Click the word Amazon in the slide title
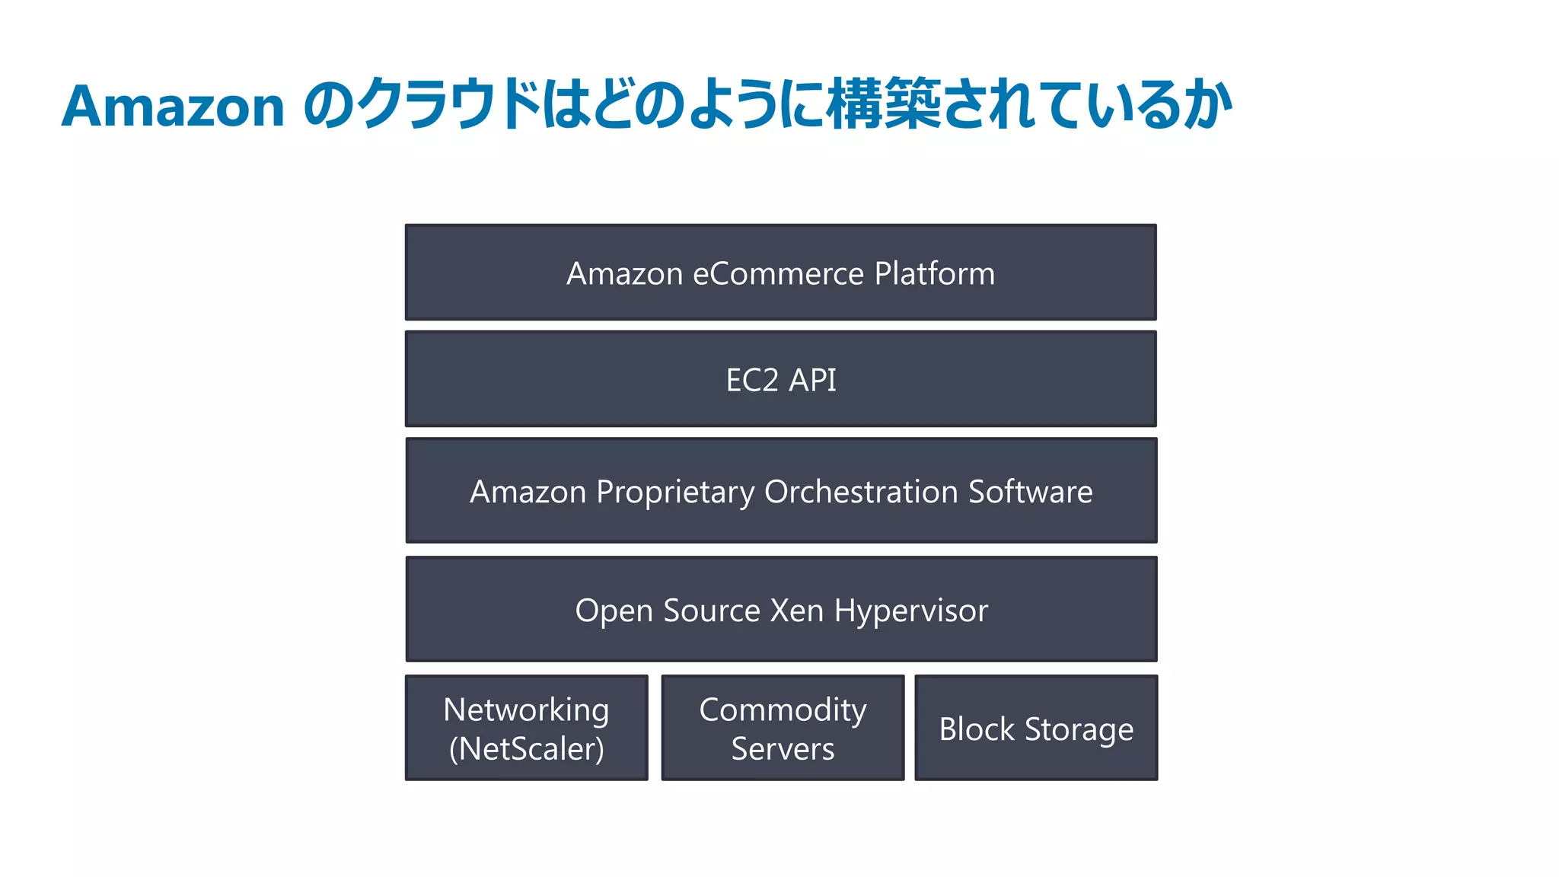[x=173, y=106]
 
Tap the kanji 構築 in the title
[x=884, y=104]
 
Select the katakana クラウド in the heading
[x=450, y=104]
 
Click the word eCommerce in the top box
[x=779, y=273]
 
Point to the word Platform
[x=935, y=273]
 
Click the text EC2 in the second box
[x=752, y=380]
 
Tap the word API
[x=812, y=380]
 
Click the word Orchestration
[x=861, y=492]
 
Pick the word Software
[x=1030, y=492]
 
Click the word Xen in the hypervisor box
[x=797, y=611]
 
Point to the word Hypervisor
[x=911, y=611]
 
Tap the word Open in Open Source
[x=614, y=611]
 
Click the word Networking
[x=526, y=710]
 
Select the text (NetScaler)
[x=526, y=749]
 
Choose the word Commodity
[x=783, y=710]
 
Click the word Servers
[x=783, y=749]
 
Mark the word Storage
[x=1079, y=730]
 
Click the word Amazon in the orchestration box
[x=528, y=492]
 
